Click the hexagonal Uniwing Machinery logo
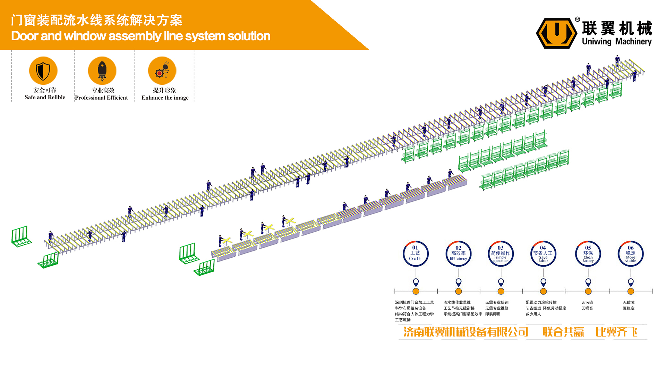tap(556, 33)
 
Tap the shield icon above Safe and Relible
tap(43, 70)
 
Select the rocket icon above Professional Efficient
tap(102, 70)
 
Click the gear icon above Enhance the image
tap(162, 70)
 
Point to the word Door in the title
tap(25, 36)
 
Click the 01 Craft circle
tap(416, 254)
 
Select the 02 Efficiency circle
tap(458, 254)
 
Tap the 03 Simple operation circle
tap(501, 254)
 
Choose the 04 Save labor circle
tap(543, 254)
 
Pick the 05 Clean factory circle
tap(588, 254)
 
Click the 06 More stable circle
tap(631, 254)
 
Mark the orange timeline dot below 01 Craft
tap(416, 291)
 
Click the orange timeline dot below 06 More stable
tap(631, 291)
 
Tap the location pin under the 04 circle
tap(544, 282)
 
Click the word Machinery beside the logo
tap(633, 42)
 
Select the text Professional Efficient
tap(101, 98)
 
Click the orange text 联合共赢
tap(563, 332)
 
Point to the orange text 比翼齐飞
tap(616, 332)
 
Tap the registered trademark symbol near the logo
tap(578, 19)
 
